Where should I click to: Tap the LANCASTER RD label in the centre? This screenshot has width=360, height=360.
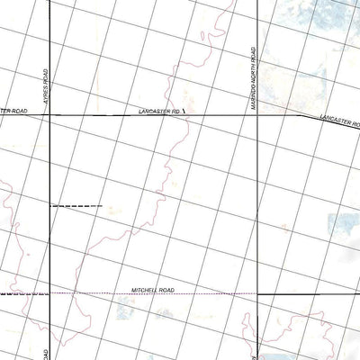(x=159, y=110)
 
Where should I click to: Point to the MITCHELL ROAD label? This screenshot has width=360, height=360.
(x=152, y=290)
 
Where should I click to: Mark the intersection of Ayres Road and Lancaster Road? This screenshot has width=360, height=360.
(x=49, y=115)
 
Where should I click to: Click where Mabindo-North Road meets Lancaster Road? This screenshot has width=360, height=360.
(x=258, y=115)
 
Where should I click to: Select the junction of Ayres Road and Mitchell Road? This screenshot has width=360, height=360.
(x=49, y=293)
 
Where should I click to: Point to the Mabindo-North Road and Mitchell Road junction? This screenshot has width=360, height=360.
(x=258, y=293)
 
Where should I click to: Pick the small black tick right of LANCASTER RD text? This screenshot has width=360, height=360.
(x=184, y=111)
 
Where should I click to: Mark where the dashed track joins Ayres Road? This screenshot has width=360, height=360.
(x=49, y=206)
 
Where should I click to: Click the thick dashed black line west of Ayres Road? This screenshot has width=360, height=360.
(x=22, y=293)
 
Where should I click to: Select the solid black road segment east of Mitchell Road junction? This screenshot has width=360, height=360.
(x=288, y=293)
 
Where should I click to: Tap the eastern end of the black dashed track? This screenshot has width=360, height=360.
(x=101, y=206)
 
